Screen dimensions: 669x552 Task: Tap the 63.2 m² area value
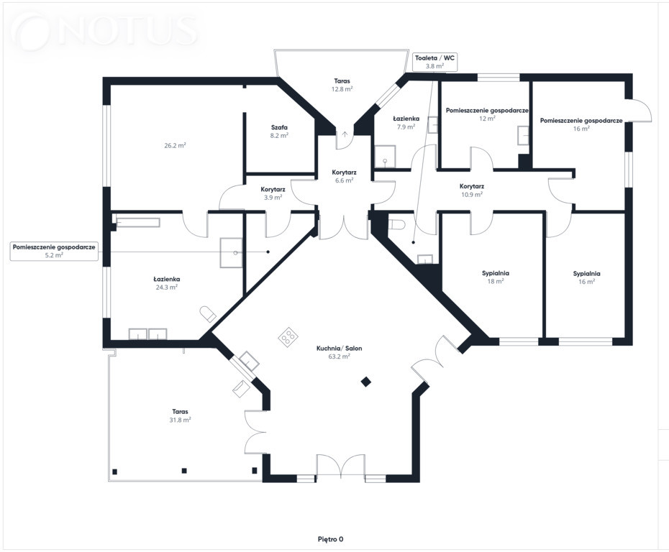pyautogui.click(x=340, y=356)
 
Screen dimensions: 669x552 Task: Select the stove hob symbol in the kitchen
pyautogui.click(x=288, y=336)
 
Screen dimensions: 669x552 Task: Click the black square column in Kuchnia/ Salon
pyautogui.click(x=365, y=382)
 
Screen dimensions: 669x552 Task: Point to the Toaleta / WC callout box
pyautogui.click(x=434, y=62)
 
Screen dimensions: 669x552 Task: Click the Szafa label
pyautogui.click(x=279, y=127)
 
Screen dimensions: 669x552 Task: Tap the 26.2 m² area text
pyautogui.click(x=175, y=145)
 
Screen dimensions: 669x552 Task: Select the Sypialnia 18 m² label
pyautogui.click(x=496, y=277)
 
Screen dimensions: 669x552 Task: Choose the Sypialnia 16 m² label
pyautogui.click(x=587, y=277)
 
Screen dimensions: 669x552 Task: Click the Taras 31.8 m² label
pyautogui.click(x=180, y=415)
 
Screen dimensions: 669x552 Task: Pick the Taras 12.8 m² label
pyautogui.click(x=342, y=85)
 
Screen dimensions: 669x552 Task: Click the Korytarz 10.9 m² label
pyautogui.click(x=472, y=190)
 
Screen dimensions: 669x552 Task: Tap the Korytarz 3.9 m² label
pyautogui.click(x=273, y=193)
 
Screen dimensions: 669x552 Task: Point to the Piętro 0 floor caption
pyautogui.click(x=331, y=539)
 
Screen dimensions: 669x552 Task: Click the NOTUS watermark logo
pyautogui.click(x=105, y=30)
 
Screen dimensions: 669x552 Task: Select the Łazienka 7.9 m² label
pyautogui.click(x=406, y=123)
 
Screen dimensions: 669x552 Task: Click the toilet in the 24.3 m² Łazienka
pyautogui.click(x=208, y=313)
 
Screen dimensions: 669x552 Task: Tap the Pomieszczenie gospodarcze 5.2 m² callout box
pyautogui.click(x=54, y=251)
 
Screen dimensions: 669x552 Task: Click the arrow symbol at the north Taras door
pyautogui.click(x=345, y=134)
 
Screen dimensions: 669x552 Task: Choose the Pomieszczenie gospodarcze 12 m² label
pyautogui.click(x=487, y=114)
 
